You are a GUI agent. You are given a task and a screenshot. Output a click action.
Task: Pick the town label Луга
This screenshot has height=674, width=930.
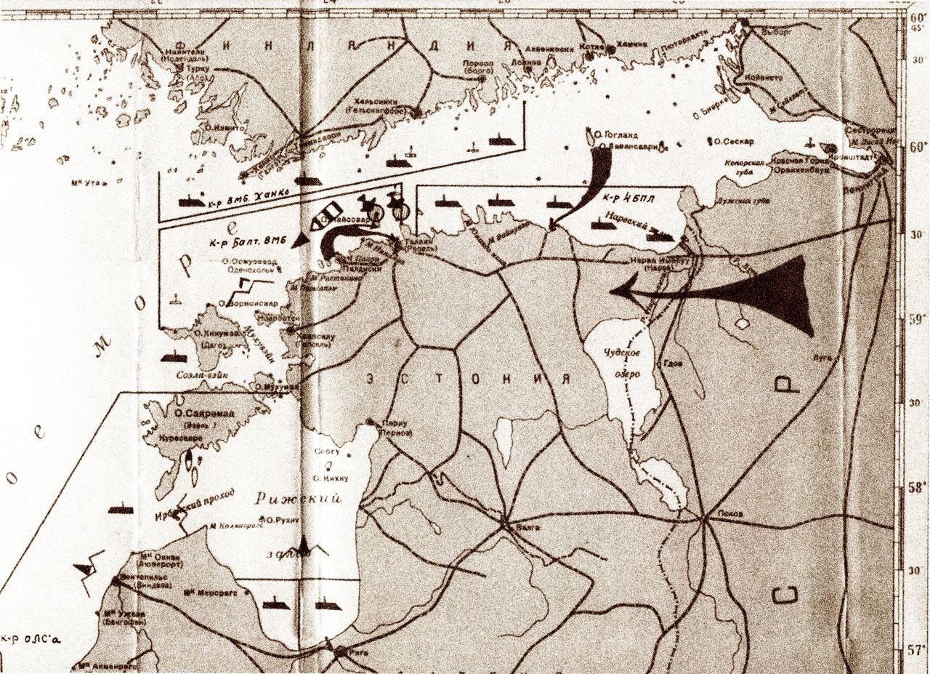coord(823,358)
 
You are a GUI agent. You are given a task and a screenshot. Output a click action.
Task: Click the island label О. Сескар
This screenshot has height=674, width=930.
coord(735,141)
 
